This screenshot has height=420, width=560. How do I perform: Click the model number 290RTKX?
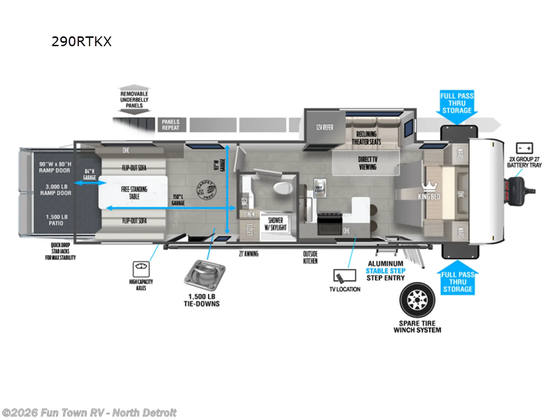click(x=81, y=41)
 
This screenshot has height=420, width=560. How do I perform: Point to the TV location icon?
click(x=343, y=275)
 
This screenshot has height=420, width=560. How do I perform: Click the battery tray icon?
click(x=524, y=148)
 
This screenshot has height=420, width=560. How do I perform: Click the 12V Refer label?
click(x=323, y=128)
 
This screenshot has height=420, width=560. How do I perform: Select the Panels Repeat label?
click(x=170, y=125)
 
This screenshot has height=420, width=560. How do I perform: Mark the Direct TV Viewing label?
click(x=367, y=163)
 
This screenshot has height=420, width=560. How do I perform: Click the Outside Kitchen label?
click(x=310, y=257)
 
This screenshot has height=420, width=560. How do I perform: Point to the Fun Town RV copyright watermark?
click(x=90, y=412)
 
